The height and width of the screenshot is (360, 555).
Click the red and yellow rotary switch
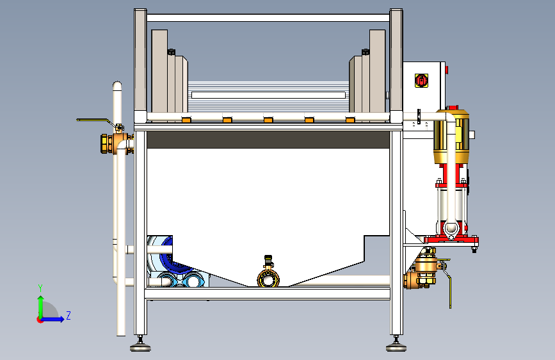point(421,80)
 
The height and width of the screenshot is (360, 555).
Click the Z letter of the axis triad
point(68,315)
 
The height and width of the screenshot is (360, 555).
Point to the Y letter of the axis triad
point(40,288)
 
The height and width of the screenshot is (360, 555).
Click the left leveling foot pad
point(140,348)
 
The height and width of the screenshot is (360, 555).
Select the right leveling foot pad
point(397,348)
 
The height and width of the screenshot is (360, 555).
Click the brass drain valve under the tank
point(269,277)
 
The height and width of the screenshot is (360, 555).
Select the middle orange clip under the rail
point(268,119)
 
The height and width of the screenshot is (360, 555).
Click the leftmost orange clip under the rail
point(186,119)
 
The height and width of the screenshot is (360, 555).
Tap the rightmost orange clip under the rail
point(350,119)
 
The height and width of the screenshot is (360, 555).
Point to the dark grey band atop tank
point(268,140)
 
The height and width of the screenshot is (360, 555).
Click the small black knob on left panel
point(171,51)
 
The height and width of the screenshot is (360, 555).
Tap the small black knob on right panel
point(365,51)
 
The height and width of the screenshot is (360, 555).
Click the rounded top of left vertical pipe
point(117,85)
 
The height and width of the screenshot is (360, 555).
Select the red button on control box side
point(446,69)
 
